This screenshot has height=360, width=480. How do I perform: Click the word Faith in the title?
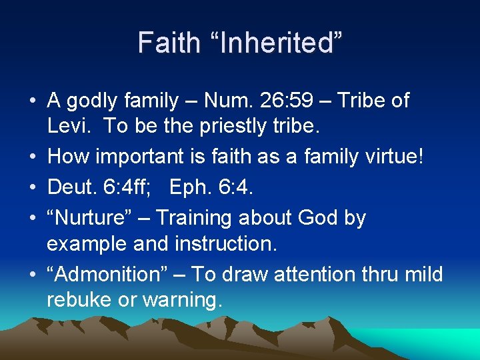pos(169,43)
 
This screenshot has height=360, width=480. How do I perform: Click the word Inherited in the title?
pos(274,43)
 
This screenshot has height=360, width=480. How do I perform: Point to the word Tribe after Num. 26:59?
pos(363,101)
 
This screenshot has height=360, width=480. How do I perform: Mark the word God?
pos(317,218)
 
